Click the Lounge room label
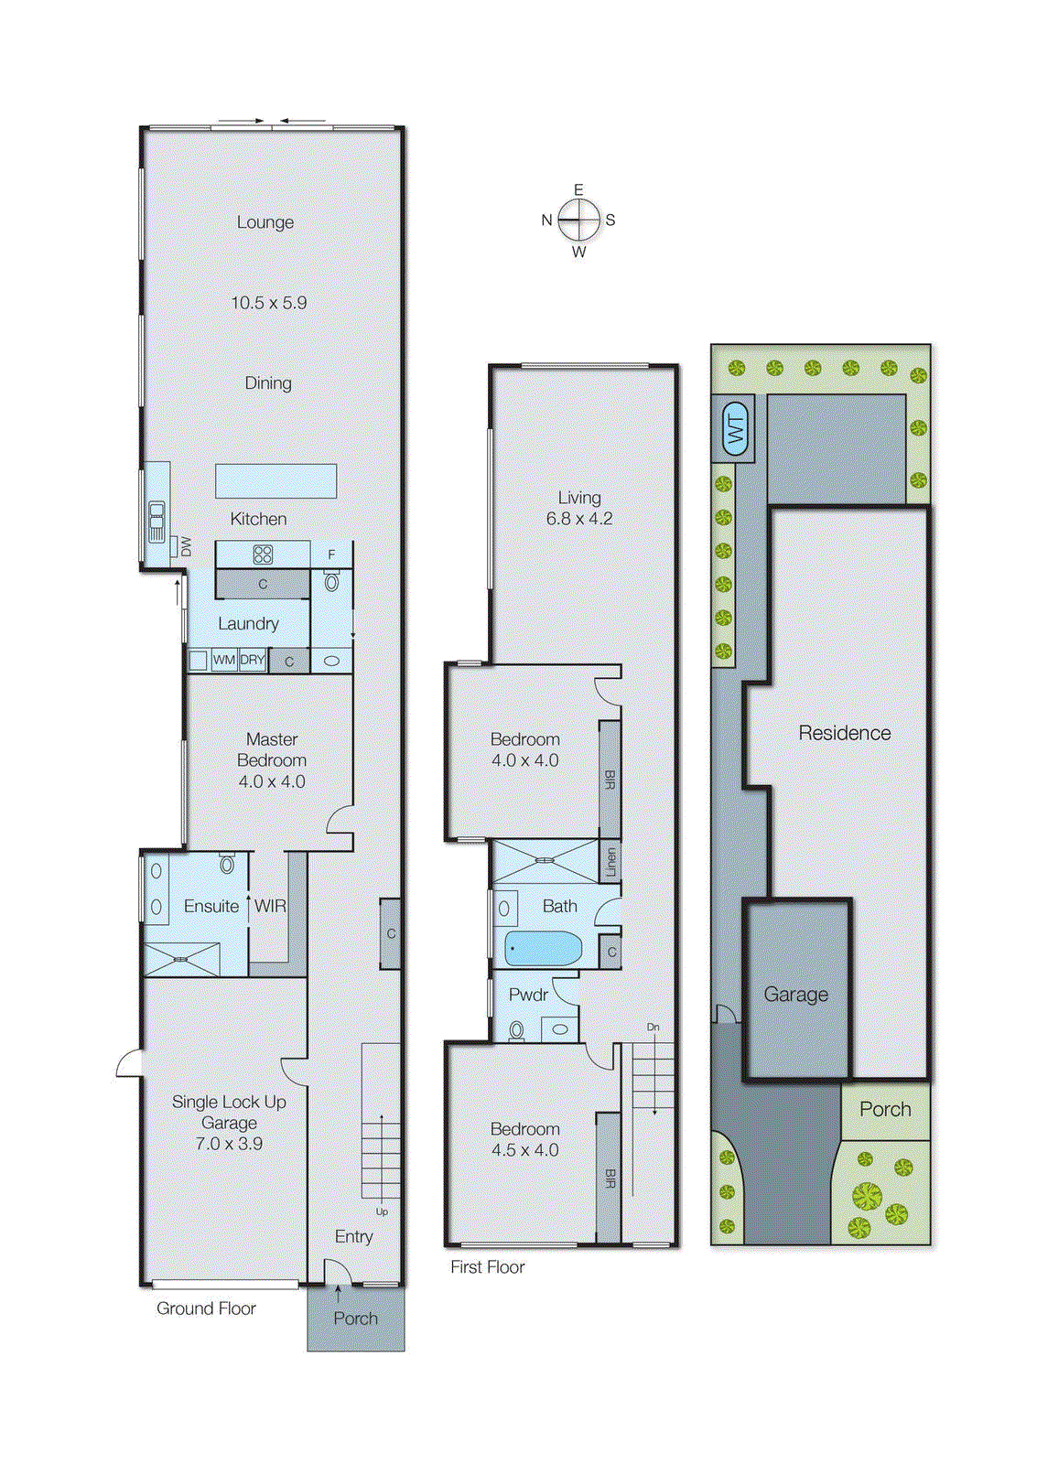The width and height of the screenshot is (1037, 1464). point(265,222)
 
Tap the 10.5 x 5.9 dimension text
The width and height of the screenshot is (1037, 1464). point(268,303)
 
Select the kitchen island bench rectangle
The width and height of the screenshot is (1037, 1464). point(275,480)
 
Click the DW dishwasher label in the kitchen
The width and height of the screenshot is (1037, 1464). point(187,546)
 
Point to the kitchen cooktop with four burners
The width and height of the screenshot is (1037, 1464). point(263,554)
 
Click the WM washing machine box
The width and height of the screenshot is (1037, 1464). point(224,660)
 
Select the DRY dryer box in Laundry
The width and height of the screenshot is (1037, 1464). point(253,660)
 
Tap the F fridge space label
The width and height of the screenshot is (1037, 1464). point(331,554)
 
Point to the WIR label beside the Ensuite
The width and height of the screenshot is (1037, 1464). point(270,906)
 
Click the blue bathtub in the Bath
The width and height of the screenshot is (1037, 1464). point(543,949)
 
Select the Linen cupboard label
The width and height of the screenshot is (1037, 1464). point(610,862)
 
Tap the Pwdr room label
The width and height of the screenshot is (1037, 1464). point(528,995)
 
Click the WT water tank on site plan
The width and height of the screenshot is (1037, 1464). point(735,427)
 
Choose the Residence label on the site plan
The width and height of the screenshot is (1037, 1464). point(844,733)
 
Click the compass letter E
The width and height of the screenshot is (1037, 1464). point(578,189)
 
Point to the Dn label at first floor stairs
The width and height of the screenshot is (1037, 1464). point(653,1028)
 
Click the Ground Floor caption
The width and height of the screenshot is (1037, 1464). point(206,1308)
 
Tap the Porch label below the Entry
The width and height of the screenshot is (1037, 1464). point(355,1319)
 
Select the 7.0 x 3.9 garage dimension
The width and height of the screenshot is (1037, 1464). point(229,1144)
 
